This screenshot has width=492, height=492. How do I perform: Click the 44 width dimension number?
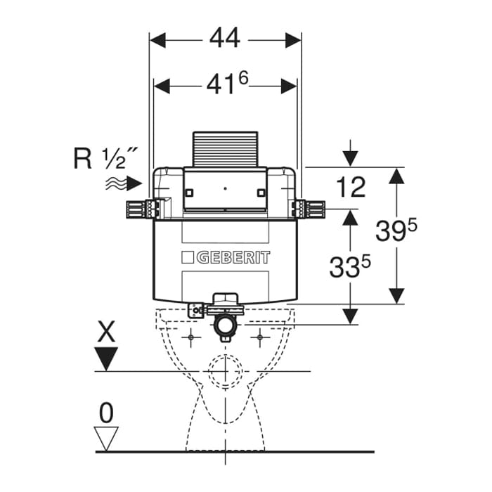pos(225,39)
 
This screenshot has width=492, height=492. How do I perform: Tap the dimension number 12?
pos(350,188)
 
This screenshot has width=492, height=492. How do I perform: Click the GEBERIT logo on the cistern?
pos(226,257)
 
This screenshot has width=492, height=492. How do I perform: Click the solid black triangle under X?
pos(106,359)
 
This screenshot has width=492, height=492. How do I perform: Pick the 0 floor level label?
pos(106,413)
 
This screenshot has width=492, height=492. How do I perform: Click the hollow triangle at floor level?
pos(106,439)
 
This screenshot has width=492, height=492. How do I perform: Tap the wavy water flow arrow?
pos(123,183)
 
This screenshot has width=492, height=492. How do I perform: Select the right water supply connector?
pos(309,208)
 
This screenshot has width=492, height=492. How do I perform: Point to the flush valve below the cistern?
pos(225,316)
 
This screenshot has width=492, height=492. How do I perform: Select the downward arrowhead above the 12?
pos(351,157)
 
